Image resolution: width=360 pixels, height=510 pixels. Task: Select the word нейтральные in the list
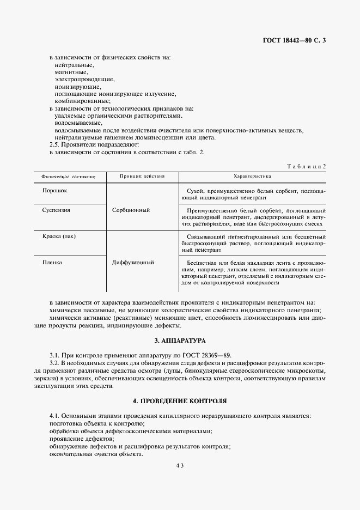[74, 65]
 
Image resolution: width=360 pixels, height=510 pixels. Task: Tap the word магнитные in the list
[71, 72]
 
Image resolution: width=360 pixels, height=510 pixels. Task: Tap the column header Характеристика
[252, 177]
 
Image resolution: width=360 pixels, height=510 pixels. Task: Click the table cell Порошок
[55, 191]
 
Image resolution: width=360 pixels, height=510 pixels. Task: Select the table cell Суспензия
[57, 209]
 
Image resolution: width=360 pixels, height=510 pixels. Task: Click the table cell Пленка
[52, 262]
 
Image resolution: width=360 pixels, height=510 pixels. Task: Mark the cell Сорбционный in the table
[131, 210]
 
